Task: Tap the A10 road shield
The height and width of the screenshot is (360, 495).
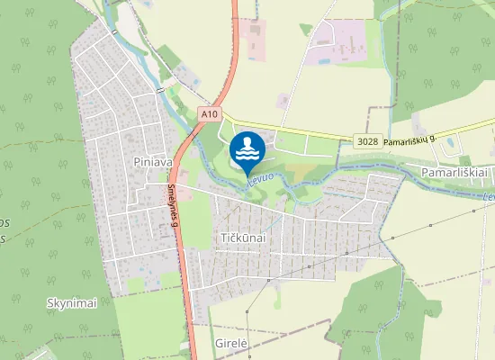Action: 209,115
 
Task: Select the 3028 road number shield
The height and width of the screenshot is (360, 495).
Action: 366,141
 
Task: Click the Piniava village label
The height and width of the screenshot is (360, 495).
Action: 151,162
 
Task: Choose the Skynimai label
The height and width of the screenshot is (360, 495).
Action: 71,303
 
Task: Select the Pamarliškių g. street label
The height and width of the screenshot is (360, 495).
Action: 409,141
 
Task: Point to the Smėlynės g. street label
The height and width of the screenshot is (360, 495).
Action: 172,205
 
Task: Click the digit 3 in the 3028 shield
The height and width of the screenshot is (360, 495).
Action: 358,141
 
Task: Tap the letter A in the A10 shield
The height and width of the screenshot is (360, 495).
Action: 203,115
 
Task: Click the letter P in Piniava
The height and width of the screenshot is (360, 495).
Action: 135,162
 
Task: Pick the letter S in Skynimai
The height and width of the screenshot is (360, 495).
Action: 49,303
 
